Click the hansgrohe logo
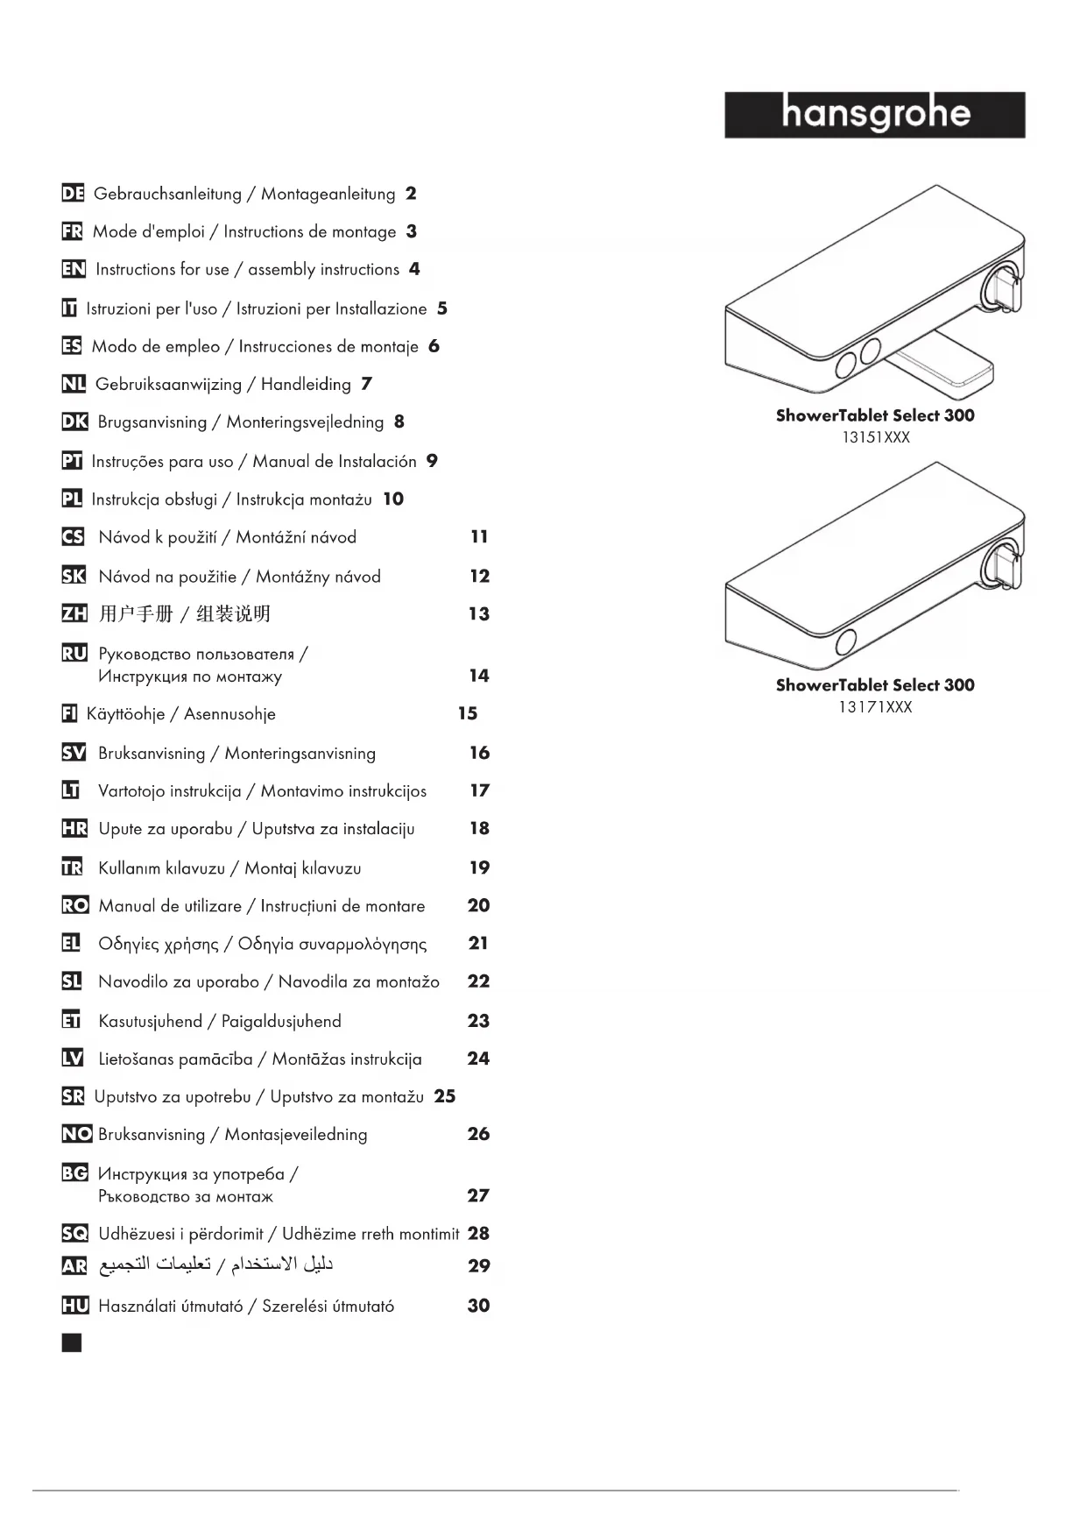(874, 115)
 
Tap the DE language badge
(73, 194)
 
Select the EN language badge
(74, 269)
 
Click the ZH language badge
(74, 613)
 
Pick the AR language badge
(74, 1265)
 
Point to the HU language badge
(75, 1306)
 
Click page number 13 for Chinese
(478, 613)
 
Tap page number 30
(478, 1306)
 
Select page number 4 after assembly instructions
(414, 269)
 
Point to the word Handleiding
(306, 384)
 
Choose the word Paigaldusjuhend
(281, 1021)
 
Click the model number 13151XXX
(875, 437)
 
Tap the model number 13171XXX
(875, 707)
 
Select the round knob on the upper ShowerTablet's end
(1001, 287)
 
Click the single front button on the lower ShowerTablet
(845, 642)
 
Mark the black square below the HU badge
(72, 1342)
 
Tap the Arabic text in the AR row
(215, 1264)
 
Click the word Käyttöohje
(125, 714)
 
